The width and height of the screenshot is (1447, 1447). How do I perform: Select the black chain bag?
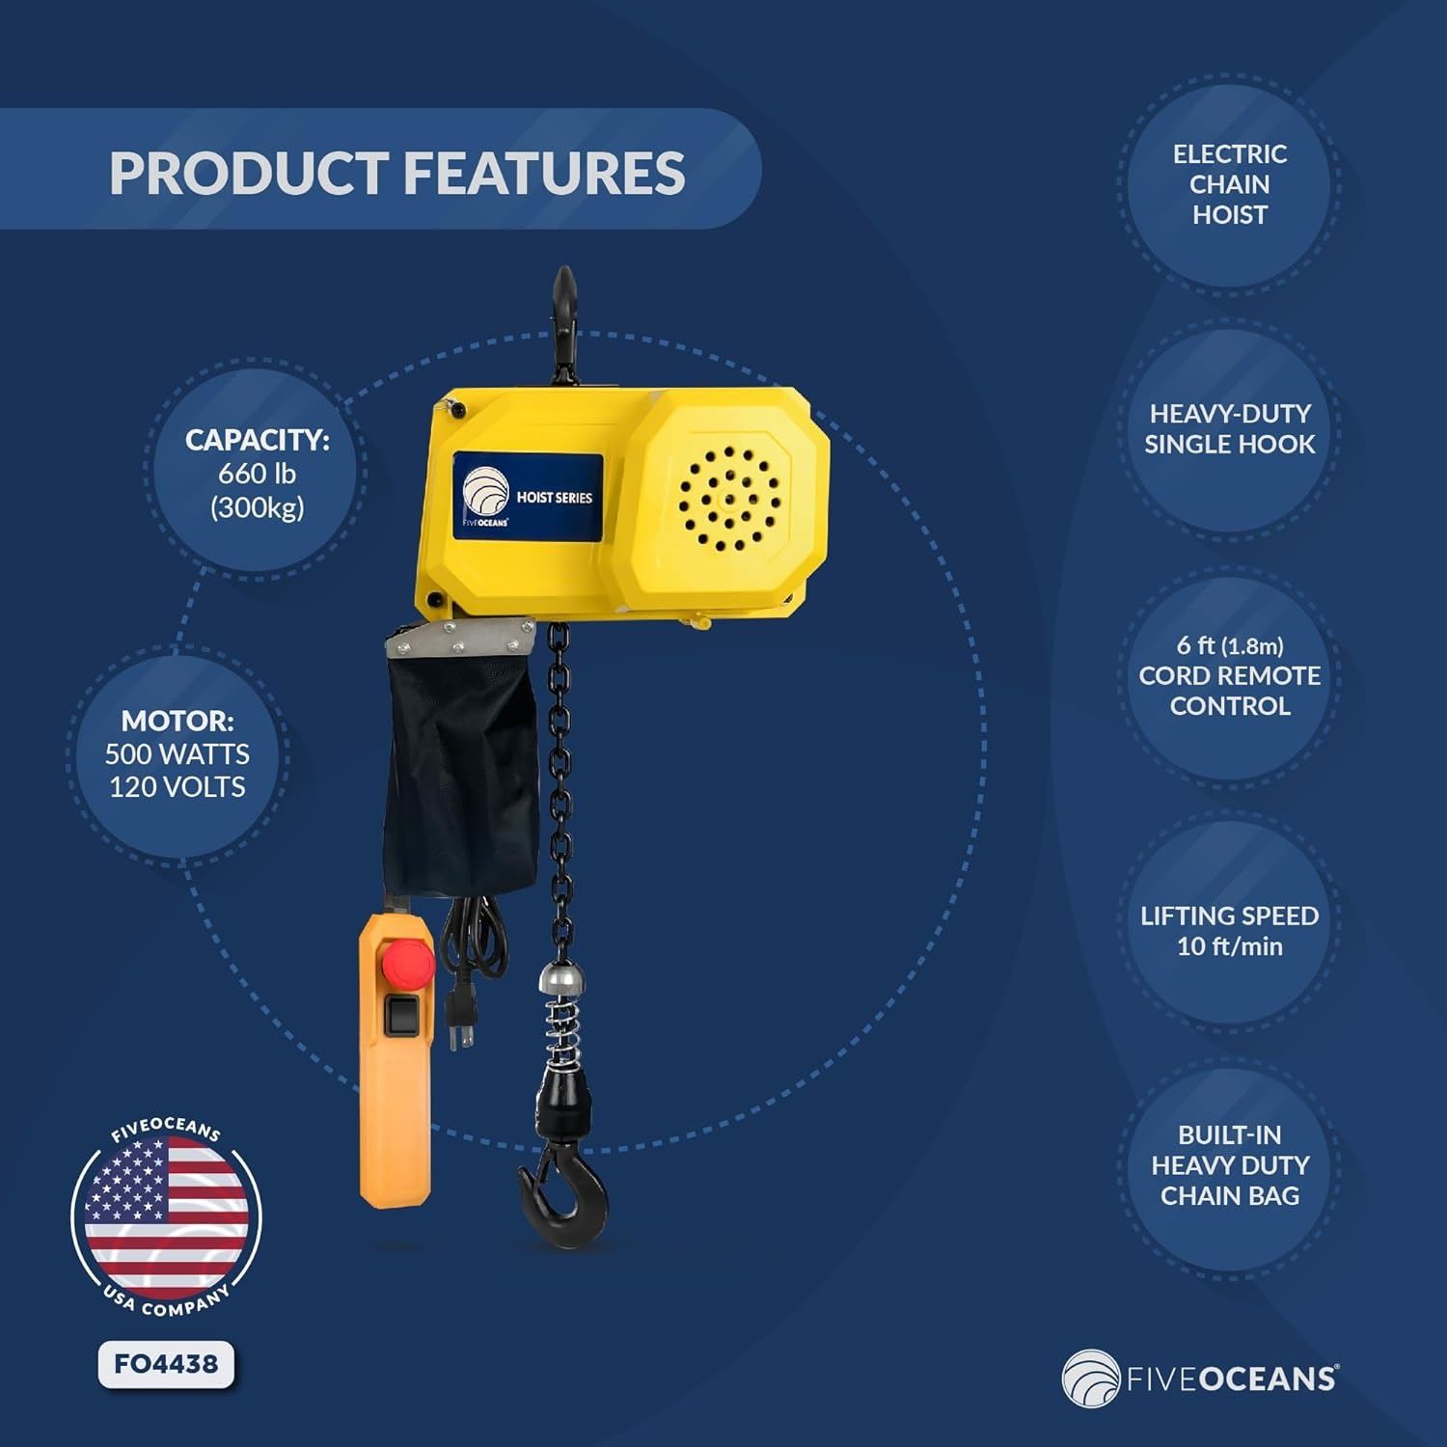tap(460, 762)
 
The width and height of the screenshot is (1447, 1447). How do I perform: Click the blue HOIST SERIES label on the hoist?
tap(528, 496)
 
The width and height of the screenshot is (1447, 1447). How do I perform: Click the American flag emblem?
tap(166, 1216)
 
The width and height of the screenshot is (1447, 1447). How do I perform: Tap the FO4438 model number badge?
tap(166, 1364)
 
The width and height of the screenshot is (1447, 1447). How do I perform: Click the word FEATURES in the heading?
tap(543, 174)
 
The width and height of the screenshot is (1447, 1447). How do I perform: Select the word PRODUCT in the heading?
tap(247, 174)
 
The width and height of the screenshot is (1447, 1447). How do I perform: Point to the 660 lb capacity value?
tap(257, 474)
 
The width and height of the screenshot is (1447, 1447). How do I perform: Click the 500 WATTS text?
tap(177, 753)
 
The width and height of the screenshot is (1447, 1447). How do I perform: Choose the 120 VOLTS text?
tap(177, 787)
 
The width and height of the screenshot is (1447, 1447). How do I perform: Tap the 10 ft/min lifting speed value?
tap(1230, 946)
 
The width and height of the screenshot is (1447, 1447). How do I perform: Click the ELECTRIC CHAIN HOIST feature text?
tap(1230, 184)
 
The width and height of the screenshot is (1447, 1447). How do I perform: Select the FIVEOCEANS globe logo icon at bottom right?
tap(1091, 1379)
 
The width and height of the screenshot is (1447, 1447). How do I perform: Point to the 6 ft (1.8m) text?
tap(1230, 645)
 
